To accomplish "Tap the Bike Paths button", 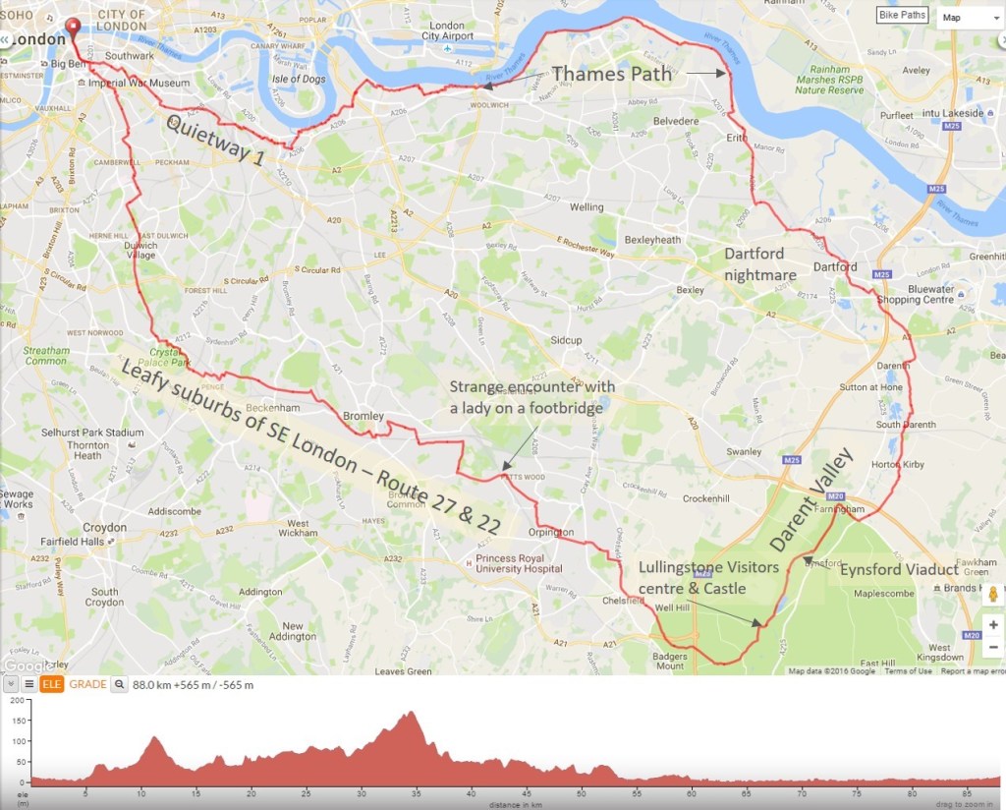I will [902, 16].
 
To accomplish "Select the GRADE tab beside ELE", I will [87, 684].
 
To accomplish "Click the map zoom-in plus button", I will [993, 624].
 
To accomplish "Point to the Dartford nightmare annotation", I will [760, 263].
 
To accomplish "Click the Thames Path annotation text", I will [611, 73].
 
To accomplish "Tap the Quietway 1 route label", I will [213, 141].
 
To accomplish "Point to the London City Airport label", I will [447, 30].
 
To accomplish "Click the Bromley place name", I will [363, 416].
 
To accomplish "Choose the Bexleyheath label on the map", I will [652, 240].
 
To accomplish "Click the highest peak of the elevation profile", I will [411, 713].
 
